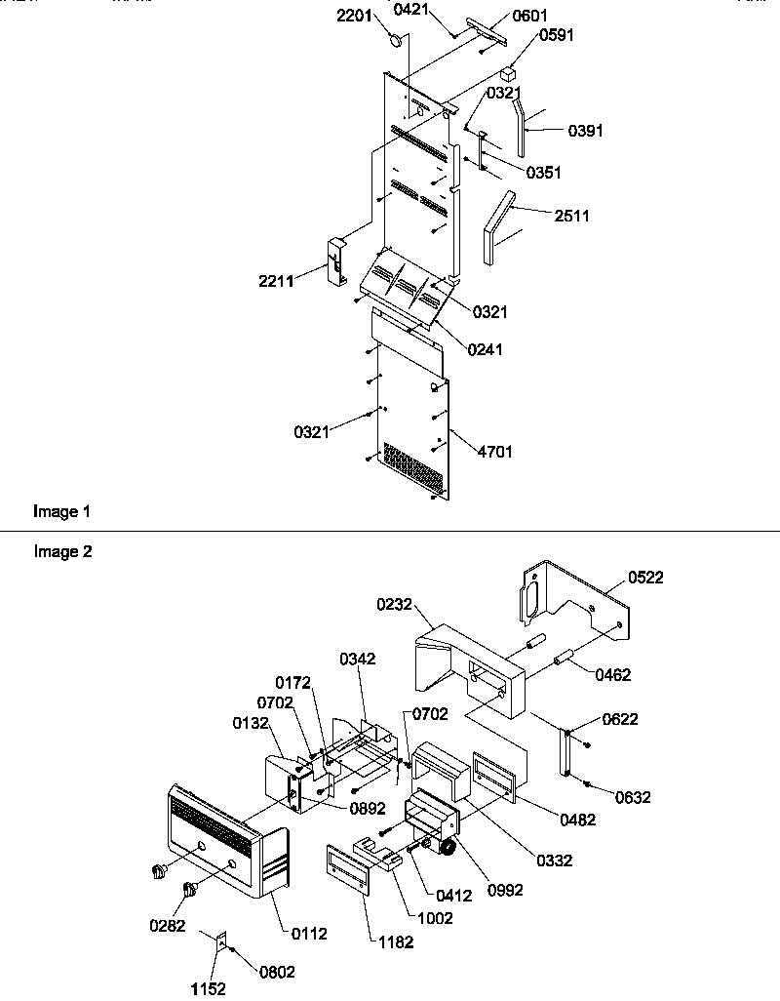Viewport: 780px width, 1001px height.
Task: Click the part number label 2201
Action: (372, 17)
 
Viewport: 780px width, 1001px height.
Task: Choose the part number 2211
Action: (278, 282)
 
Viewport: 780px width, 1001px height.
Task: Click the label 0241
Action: (485, 349)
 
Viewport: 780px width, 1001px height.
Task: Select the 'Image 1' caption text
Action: (62, 511)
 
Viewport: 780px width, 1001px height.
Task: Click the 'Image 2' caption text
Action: (62, 552)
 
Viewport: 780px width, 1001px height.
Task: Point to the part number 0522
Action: (644, 578)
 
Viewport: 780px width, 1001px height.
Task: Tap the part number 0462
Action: (613, 674)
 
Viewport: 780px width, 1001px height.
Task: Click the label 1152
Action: (208, 988)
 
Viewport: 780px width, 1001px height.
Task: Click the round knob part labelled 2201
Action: (396, 41)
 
